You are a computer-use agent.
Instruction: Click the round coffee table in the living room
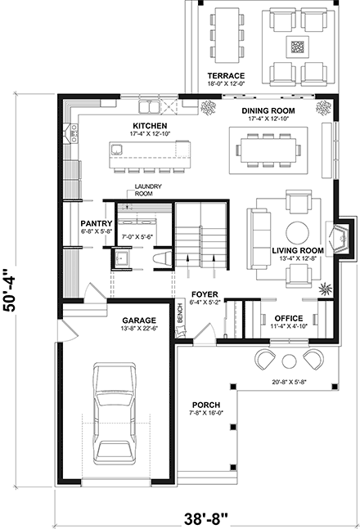pyautogui.click(x=296, y=230)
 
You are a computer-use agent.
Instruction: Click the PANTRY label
pyautogui.click(x=96, y=222)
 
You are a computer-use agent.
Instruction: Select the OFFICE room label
pyautogui.click(x=289, y=318)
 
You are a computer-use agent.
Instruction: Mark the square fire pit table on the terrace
pyautogui.click(x=298, y=46)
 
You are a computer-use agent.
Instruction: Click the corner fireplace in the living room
pyautogui.click(x=337, y=237)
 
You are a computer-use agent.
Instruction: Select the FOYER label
pyautogui.click(x=203, y=293)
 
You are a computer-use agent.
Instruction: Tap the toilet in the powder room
pyautogui.click(x=160, y=258)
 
